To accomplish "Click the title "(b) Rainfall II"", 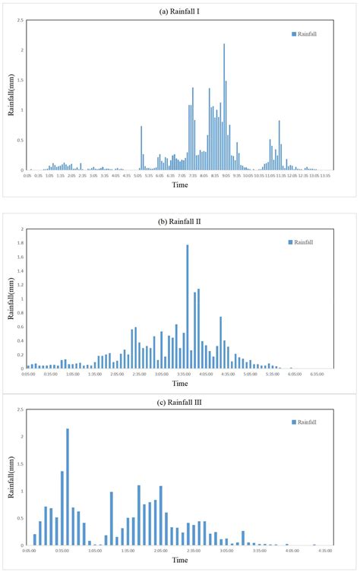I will click(180, 221).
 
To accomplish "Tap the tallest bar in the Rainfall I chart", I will click(224, 106).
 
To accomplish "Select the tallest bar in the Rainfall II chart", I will click(188, 306).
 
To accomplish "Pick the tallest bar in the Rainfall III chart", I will click(68, 486).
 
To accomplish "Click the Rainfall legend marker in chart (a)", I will click(292, 34).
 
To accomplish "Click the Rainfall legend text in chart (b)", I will click(307, 242).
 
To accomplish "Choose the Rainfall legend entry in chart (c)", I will click(304, 422).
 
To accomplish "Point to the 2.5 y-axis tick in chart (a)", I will click(20, 21).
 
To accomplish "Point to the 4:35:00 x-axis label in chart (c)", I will click(326, 551).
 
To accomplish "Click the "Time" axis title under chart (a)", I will click(180, 185).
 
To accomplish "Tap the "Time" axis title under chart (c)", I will click(180, 561).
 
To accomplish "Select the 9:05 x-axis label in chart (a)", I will click(226, 175).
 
